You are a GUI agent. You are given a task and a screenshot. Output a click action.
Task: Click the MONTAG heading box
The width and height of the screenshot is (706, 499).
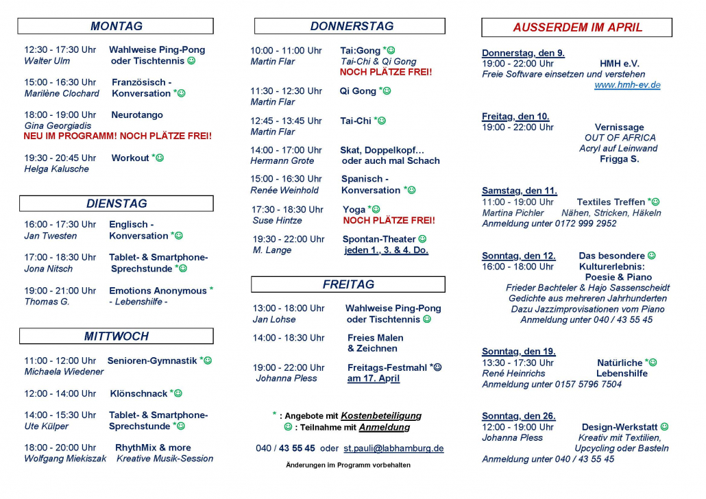click(x=116, y=26)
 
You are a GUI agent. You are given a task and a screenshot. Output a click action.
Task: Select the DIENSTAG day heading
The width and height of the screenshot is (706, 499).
click(x=116, y=204)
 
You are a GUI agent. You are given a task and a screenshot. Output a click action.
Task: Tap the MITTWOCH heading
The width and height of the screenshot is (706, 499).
click(x=116, y=336)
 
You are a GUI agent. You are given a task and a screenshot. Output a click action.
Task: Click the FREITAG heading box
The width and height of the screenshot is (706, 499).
click(x=348, y=284)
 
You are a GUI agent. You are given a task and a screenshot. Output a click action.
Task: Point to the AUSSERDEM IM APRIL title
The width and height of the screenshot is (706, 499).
click(x=577, y=27)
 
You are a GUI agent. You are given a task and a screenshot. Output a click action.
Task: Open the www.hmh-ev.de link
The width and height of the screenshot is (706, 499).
click(x=627, y=85)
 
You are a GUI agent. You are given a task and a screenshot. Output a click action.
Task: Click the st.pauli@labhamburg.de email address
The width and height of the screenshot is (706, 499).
click(x=393, y=448)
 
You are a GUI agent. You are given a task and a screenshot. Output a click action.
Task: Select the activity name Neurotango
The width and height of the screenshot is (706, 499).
click(x=137, y=115)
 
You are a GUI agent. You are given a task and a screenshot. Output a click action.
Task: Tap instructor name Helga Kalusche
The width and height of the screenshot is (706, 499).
click(x=56, y=169)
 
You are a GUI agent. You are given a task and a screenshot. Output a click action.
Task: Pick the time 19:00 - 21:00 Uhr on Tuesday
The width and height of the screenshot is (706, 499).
click(x=60, y=291)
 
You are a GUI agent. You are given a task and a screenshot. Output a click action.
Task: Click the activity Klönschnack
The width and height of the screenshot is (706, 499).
click(x=138, y=393)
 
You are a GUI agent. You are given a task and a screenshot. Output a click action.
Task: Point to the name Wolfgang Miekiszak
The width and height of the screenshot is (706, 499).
click(x=65, y=459)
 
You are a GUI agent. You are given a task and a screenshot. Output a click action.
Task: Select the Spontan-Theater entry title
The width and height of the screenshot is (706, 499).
click(x=379, y=239)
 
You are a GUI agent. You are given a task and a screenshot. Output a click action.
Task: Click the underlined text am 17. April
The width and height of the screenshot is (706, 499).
click(x=374, y=378)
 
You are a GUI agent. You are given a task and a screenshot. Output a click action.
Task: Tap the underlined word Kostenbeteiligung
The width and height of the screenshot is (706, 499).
click(x=381, y=415)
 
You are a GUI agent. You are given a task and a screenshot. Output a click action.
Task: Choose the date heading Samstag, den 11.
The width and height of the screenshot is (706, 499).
click(x=520, y=191)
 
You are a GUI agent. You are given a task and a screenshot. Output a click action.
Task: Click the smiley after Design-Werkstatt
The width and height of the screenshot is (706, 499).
click(x=664, y=427)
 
